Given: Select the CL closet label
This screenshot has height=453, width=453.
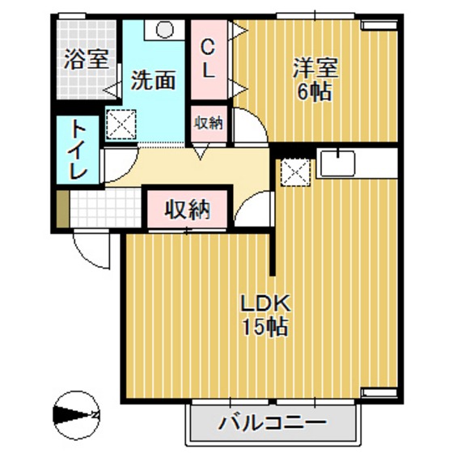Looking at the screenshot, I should coord(208,58).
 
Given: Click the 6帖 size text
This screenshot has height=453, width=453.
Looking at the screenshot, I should coord(311,91).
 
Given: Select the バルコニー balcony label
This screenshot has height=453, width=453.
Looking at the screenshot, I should coord(272,422).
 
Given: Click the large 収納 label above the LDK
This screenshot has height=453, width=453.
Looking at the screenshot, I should coord(188,210).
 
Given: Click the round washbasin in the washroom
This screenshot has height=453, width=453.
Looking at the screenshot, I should coord(165,28).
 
